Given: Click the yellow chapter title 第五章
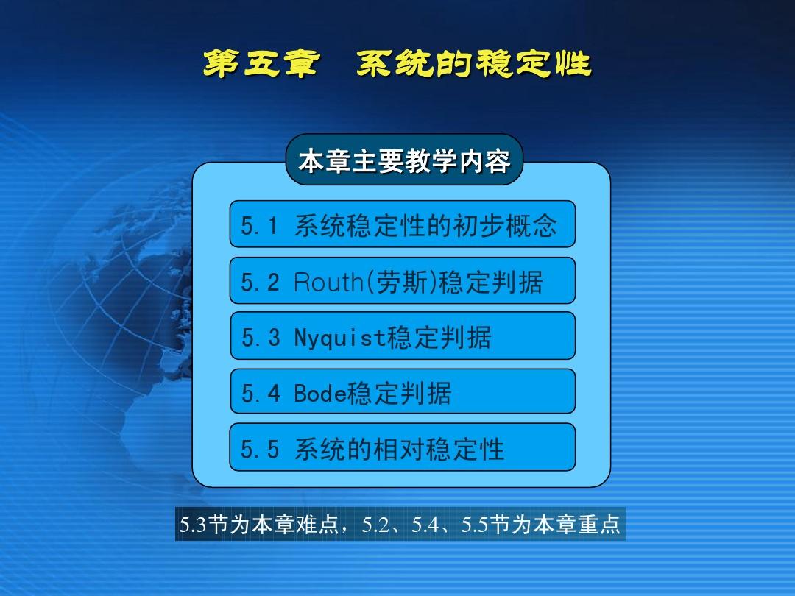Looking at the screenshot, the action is pyautogui.click(x=261, y=64).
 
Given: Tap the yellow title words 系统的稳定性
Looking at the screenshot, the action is pyautogui.click(x=474, y=64).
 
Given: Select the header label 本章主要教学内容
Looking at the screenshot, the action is pyautogui.click(x=404, y=160).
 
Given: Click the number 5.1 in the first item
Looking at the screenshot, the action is pyautogui.click(x=259, y=226).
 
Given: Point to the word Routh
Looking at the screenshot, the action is pyautogui.click(x=328, y=282).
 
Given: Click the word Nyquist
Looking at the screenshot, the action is pyautogui.click(x=340, y=338).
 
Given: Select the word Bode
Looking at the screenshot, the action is pyautogui.click(x=320, y=393).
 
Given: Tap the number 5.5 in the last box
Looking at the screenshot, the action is pyautogui.click(x=260, y=449).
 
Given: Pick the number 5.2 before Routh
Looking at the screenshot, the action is pyautogui.click(x=260, y=282).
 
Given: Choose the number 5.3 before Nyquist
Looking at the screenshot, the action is pyautogui.click(x=260, y=338).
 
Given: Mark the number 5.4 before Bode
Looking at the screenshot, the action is pyautogui.click(x=260, y=393).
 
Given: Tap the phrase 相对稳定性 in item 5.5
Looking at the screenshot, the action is pyautogui.click(x=439, y=449).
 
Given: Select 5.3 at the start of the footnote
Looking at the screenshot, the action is pyautogui.click(x=193, y=525).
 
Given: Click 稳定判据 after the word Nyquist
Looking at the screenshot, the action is pyautogui.click(x=439, y=338).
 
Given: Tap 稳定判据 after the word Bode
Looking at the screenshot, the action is pyautogui.click(x=399, y=393).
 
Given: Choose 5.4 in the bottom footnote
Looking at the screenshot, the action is pyautogui.click(x=425, y=525).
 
